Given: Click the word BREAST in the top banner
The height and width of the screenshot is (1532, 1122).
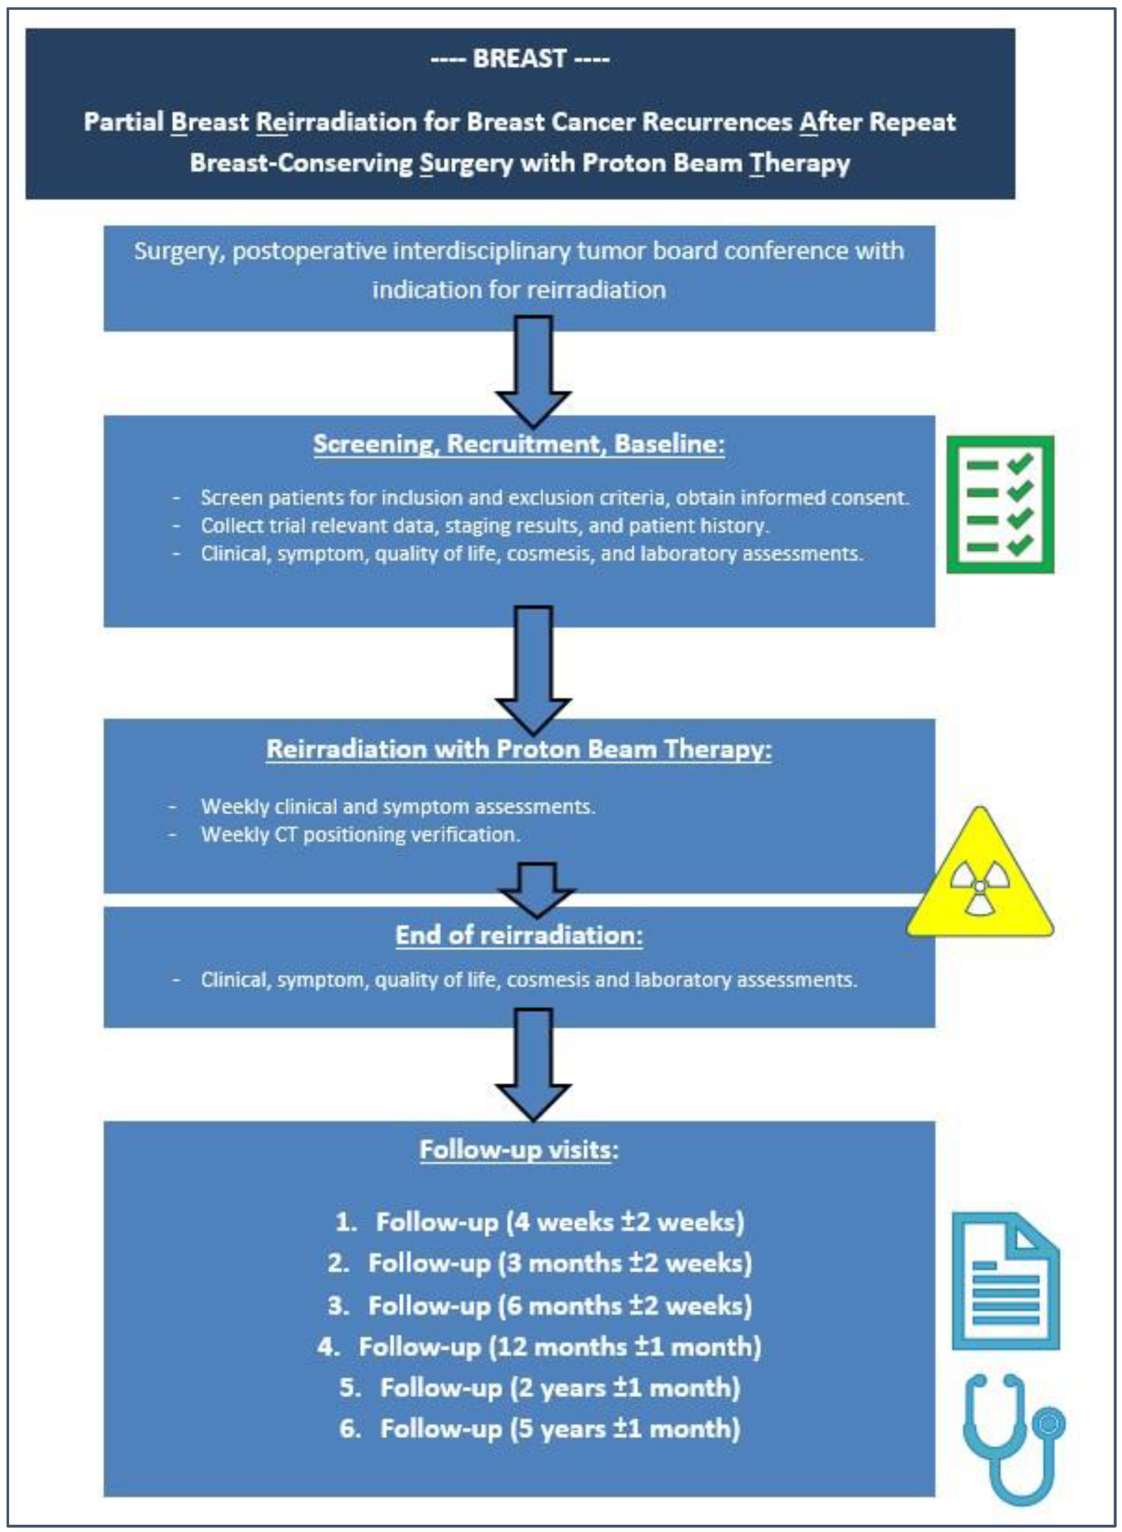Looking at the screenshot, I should pos(519,59).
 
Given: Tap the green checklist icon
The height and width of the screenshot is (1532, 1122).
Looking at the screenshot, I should pos(1000,504).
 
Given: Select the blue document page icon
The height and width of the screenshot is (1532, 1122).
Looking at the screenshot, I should pos(1005,1280).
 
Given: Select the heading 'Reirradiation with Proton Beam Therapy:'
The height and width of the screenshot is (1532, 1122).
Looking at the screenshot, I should pos(519,749).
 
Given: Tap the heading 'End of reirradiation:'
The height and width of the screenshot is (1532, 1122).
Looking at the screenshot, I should pos(519,935).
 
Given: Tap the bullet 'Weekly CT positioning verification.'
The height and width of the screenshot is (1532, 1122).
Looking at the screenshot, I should pos(360,834).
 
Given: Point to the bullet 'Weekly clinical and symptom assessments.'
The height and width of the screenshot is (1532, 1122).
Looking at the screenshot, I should pos(398,807).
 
